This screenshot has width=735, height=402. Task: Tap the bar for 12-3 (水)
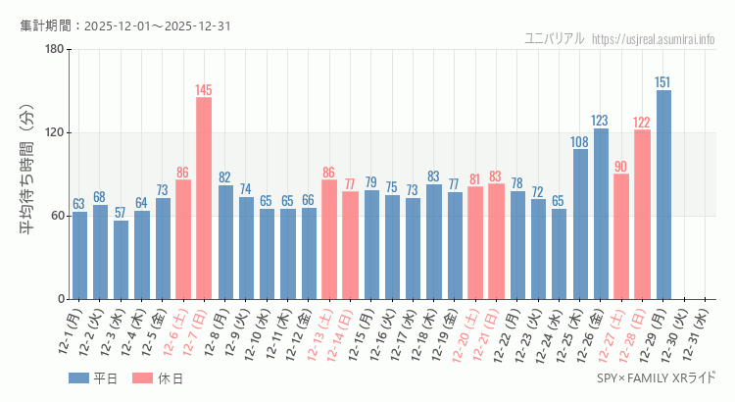click(x=121, y=260)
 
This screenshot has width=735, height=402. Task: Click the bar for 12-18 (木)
click(x=434, y=241)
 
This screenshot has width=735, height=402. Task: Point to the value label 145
click(x=204, y=90)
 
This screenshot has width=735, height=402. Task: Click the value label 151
click(x=663, y=82)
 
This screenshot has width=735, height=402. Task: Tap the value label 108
click(x=580, y=142)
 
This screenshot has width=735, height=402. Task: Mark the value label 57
click(x=121, y=213)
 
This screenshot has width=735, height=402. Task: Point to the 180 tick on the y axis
click(x=55, y=50)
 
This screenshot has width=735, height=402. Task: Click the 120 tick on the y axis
click(x=55, y=133)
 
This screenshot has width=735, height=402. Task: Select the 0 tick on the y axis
click(x=61, y=299)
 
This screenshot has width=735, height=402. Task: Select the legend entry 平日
click(x=93, y=378)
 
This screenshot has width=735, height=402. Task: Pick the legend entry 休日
click(x=157, y=378)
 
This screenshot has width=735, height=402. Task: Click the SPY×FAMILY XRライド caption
click(x=656, y=377)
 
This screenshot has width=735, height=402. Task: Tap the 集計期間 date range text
click(x=125, y=25)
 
